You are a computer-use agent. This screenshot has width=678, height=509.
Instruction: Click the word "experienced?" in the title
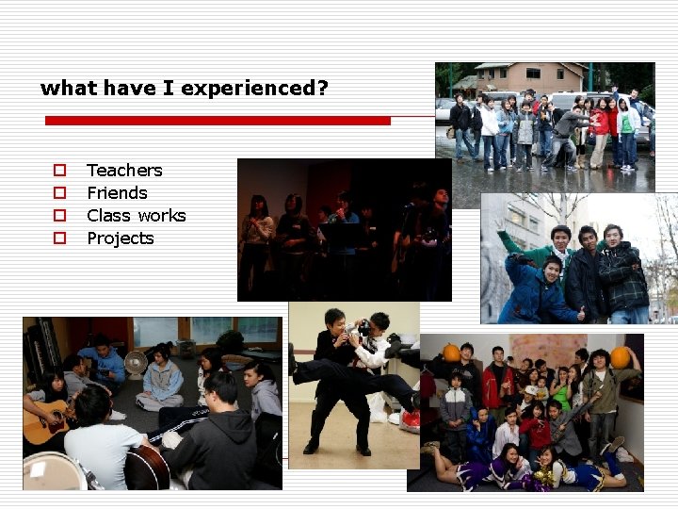coord(254,89)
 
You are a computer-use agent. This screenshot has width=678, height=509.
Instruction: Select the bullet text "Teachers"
coord(124,171)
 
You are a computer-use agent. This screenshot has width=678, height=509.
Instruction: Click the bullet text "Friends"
coord(117,193)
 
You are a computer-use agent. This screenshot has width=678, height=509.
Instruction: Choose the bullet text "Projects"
coord(120,238)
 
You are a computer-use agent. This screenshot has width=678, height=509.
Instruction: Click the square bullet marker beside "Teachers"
coord(59,171)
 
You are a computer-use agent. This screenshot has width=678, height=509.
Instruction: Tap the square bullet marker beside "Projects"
coord(59,238)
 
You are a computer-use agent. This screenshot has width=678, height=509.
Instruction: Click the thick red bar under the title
coord(218,121)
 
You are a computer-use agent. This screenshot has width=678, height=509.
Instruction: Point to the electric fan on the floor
coord(137,362)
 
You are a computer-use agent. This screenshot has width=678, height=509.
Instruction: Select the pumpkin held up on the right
coord(621,357)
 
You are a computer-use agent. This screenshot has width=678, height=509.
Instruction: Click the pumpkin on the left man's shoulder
coord(452,353)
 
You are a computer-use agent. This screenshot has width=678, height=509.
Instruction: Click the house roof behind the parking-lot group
coord(527,70)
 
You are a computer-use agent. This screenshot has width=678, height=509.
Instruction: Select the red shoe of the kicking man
coord(411,419)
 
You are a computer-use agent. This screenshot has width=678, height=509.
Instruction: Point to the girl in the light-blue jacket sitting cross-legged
coord(163,377)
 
